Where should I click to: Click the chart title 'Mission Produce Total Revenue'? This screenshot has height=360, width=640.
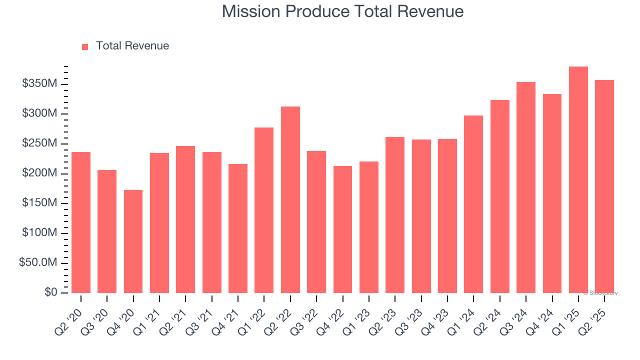tap(342, 11)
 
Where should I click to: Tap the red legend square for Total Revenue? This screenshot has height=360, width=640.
tap(85, 46)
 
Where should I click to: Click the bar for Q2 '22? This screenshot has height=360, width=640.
tap(290, 199)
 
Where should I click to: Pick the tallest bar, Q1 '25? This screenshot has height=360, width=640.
tap(578, 179)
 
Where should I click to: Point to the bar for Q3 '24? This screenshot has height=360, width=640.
tap(526, 187)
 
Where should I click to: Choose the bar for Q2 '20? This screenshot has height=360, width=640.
tap(81, 222)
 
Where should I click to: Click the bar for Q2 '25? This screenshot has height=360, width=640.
tap(604, 186)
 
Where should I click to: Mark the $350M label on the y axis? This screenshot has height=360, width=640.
tap(39, 83)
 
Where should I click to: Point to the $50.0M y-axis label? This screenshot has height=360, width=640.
tap(37, 263)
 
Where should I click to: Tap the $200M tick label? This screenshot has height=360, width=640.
tap(39, 173)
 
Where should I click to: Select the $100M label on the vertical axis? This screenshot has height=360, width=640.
tap(39, 233)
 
